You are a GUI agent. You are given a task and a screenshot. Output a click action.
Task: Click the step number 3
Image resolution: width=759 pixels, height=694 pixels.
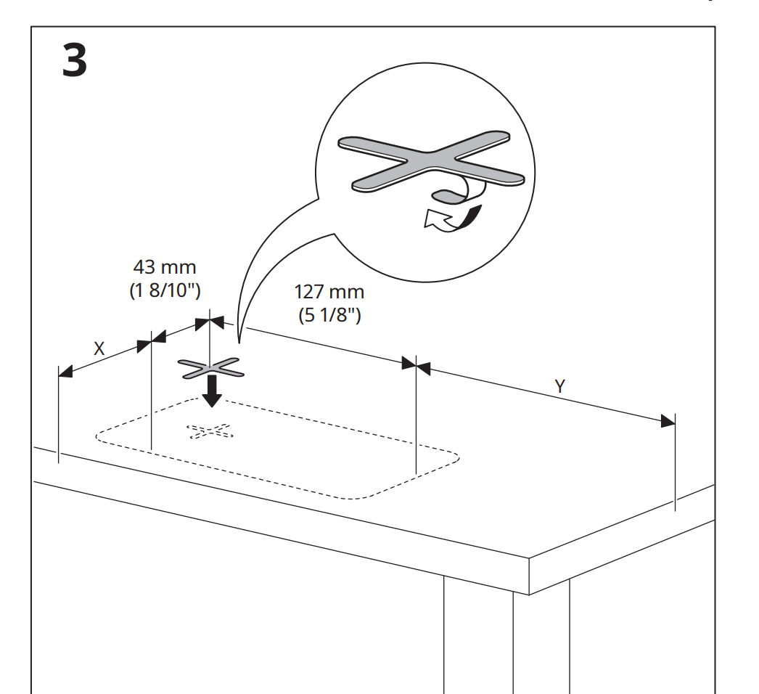point(74,62)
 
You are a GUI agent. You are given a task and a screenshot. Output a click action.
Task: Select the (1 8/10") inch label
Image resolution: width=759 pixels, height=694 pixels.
point(160,290)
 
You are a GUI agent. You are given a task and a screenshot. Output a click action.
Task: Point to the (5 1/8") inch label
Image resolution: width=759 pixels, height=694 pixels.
point(329,316)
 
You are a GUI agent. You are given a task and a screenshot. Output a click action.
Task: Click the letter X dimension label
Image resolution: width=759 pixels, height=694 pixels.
point(99,348)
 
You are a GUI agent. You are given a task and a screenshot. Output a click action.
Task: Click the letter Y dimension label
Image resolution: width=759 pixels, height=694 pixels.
point(559,386)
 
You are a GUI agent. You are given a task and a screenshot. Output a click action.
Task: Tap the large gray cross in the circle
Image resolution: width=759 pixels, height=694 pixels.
point(431,163)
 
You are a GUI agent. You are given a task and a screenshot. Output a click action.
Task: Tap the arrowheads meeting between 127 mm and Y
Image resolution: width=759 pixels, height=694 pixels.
point(417,365)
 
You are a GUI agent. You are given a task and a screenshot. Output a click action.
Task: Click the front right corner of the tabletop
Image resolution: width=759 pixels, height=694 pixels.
point(530,559)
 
